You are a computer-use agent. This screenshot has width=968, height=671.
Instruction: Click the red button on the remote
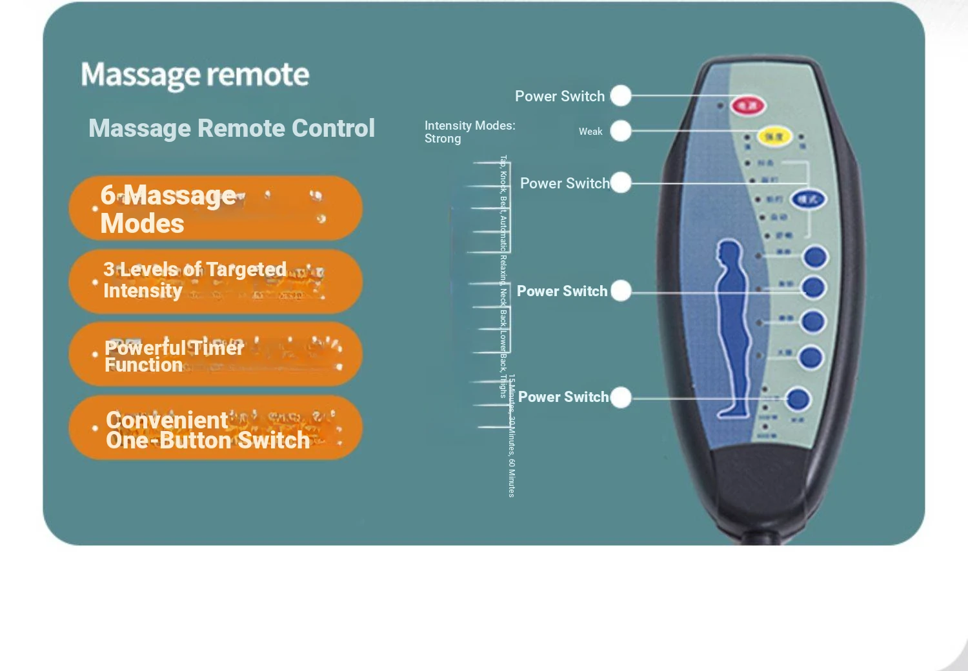click(748, 105)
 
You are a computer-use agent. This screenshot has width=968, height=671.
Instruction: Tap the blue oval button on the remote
click(808, 199)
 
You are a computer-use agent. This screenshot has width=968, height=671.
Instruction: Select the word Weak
click(590, 132)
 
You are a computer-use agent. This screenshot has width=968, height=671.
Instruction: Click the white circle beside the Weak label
click(621, 131)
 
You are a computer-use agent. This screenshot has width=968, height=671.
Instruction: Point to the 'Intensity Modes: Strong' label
click(469, 132)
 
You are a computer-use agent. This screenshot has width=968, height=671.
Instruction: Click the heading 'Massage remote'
click(195, 75)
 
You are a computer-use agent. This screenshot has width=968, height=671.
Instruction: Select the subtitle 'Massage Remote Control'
click(232, 128)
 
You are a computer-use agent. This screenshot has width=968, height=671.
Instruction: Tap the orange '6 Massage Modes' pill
click(216, 208)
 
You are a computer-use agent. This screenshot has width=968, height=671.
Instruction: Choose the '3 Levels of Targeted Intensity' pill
click(216, 281)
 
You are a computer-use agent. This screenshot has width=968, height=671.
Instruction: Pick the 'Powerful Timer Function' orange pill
click(216, 354)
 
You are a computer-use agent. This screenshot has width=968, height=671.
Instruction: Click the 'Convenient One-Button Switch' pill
click(216, 428)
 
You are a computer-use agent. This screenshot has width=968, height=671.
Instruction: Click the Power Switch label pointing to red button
click(560, 96)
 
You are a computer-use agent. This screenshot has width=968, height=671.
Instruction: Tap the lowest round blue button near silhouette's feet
click(798, 399)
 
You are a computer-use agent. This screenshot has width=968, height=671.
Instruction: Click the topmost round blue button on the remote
click(815, 257)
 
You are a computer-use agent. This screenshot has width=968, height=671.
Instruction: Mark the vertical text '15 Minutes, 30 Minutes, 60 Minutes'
click(511, 436)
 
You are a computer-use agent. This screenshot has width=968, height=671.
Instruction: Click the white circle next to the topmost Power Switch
click(621, 95)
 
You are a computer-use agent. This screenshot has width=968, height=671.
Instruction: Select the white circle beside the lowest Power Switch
click(621, 397)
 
